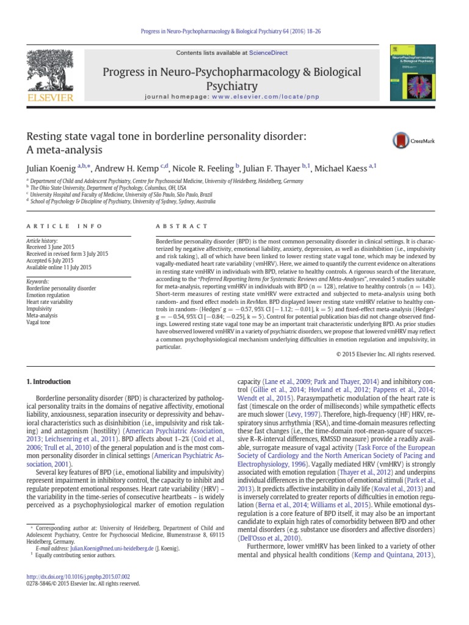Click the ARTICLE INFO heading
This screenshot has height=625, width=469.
coord(65,226)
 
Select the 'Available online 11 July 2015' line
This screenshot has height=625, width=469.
coord(59,267)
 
